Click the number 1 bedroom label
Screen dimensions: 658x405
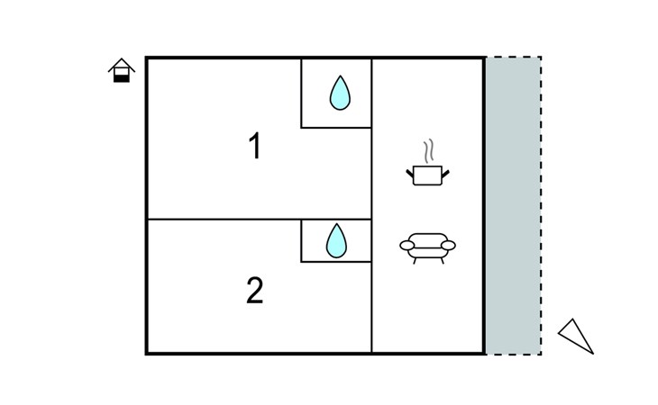(255, 145)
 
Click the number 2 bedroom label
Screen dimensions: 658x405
(255, 290)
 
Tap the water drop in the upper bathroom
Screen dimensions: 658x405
(340, 93)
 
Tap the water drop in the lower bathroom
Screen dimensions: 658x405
(336, 241)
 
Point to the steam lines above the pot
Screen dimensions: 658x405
(428, 151)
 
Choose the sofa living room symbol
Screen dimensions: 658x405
(427, 248)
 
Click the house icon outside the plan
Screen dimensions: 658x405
(122, 70)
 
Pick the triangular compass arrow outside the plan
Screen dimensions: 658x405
(576, 337)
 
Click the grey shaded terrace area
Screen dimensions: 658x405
(514, 205)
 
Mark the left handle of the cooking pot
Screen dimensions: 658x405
(410, 173)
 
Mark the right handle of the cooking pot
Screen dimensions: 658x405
(445, 173)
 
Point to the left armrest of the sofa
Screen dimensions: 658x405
(407, 246)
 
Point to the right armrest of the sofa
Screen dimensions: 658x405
(448, 246)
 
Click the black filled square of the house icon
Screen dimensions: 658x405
(122, 78)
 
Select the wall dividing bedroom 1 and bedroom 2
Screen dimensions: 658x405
(260, 219)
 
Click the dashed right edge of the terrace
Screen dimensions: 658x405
(541, 205)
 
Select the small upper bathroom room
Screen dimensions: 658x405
(336, 93)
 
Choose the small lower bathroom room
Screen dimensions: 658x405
(336, 241)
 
